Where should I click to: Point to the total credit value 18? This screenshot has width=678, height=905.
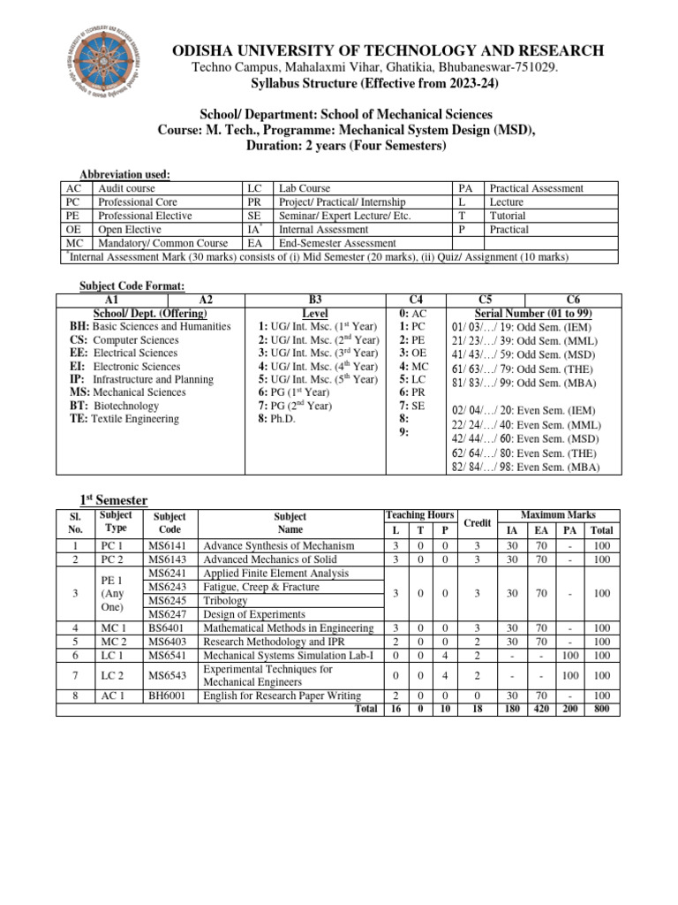[476, 709]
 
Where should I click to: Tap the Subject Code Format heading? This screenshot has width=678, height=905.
[132, 285]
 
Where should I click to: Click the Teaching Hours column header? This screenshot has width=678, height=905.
[420, 514]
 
